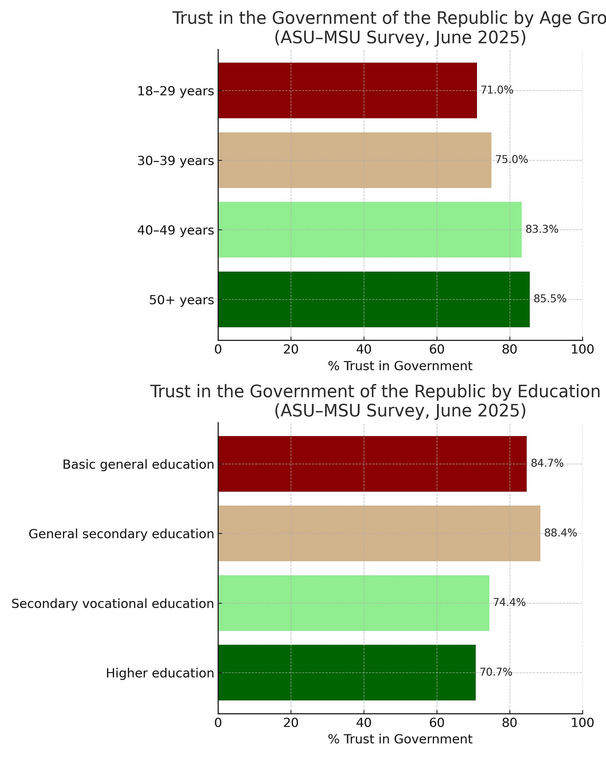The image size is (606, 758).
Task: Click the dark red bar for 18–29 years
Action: coord(347,90)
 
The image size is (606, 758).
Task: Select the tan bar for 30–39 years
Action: coord(354,160)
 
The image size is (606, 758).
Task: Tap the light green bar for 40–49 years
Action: coord(370,229)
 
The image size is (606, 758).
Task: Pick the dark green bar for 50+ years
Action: coord(374,299)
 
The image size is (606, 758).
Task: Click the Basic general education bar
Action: coord(372,464)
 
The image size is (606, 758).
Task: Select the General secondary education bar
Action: coord(379,533)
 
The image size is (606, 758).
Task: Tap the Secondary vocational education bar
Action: coord(353,603)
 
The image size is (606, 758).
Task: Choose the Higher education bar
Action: coord(347,672)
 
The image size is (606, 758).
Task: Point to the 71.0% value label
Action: coord(497,90)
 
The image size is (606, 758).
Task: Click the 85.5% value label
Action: coord(550,299)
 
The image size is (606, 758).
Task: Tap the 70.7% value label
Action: coord(496,672)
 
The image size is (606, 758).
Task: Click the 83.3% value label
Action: coord(542,229)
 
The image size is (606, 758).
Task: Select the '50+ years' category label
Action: coord(181,300)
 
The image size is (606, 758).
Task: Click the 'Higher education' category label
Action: coord(160,673)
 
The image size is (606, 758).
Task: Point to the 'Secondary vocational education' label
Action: coord(112,603)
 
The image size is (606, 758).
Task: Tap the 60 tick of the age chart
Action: coord(437,349)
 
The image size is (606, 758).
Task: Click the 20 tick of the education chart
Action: coord(291,722)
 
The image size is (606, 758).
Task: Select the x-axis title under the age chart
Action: coord(400,367)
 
